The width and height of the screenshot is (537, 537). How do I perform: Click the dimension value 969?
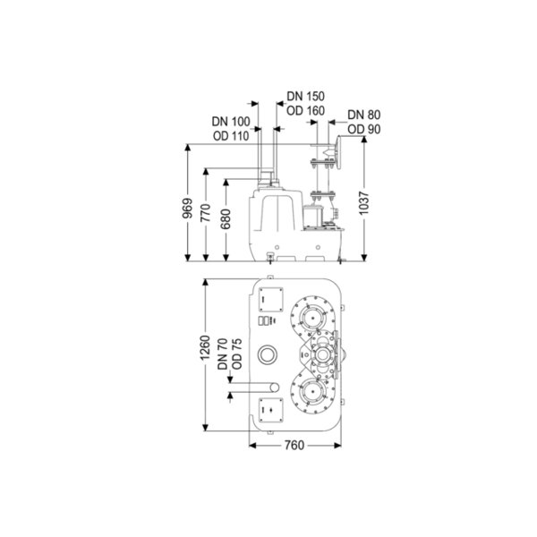tap(187, 209)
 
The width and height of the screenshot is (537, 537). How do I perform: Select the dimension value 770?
tap(206, 213)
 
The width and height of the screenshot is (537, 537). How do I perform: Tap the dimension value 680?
tap(226, 219)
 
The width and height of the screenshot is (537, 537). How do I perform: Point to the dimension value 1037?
tap(364, 203)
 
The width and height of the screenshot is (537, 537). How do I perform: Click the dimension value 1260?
tap(205, 348)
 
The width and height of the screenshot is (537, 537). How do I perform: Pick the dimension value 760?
tap(294, 445)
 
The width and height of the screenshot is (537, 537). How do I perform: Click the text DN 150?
tap(305, 97)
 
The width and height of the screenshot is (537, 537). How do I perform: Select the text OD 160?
tap(305, 111)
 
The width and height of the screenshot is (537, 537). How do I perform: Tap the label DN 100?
tap(231, 122)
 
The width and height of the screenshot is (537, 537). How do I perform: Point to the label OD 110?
tap(231, 136)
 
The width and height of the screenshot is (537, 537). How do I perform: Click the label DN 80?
tap(363, 115)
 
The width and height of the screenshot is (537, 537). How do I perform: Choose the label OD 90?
tap(363, 130)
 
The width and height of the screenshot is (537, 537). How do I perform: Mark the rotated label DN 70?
tap(223, 354)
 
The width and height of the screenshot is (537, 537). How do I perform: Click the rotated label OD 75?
tap(236, 354)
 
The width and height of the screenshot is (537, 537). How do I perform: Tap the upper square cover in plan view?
tap(271, 300)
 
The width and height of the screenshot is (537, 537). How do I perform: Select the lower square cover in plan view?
tap(271, 410)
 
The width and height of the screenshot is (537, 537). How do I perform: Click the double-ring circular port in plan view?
tap(268, 354)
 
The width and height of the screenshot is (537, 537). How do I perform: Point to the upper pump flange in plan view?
tap(312, 317)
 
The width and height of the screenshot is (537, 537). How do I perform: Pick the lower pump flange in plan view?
tap(312, 393)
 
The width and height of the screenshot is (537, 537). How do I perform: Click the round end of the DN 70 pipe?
tap(275, 388)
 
